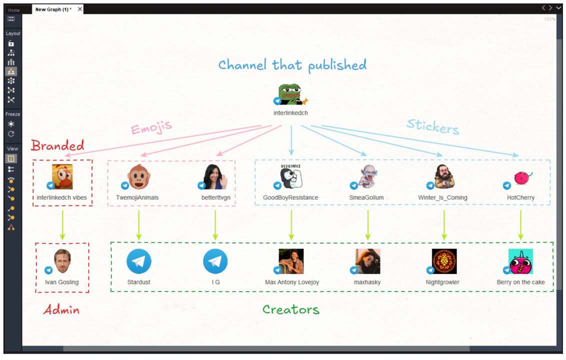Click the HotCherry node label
pyautogui.click(x=520, y=197)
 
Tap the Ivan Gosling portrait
pyautogui.click(x=62, y=261)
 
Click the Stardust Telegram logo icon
pyautogui.click(x=138, y=261)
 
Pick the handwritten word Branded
pyautogui.click(x=57, y=145)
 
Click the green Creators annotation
pyautogui.click(x=291, y=309)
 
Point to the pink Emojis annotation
pyautogui.click(x=151, y=127)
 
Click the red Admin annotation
pyautogui.click(x=61, y=309)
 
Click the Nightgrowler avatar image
pyautogui.click(x=444, y=261)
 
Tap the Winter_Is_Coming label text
pyautogui.click(x=442, y=197)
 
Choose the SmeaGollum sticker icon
pyautogui.click(x=368, y=176)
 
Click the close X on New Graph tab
pyautogui.click(x=80, y=9)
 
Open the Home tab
pyautogui.click(x=14, y=10)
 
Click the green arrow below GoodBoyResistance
pyautogui.click(x=291, y=224)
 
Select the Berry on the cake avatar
pyautogui.click(x=520, y=261)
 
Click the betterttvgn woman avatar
pyautogui.click(x=215, y=176)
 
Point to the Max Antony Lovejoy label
pyautogui.click(x=291, y=282)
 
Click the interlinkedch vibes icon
pyautogui.click(x=62, y=176)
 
